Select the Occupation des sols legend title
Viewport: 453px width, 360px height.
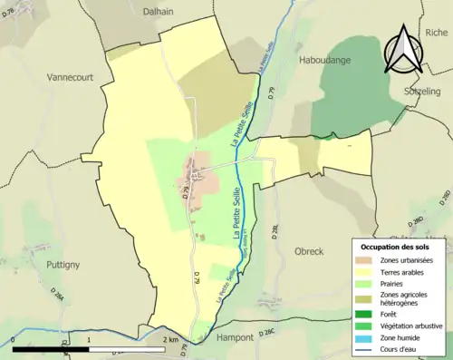397,247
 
